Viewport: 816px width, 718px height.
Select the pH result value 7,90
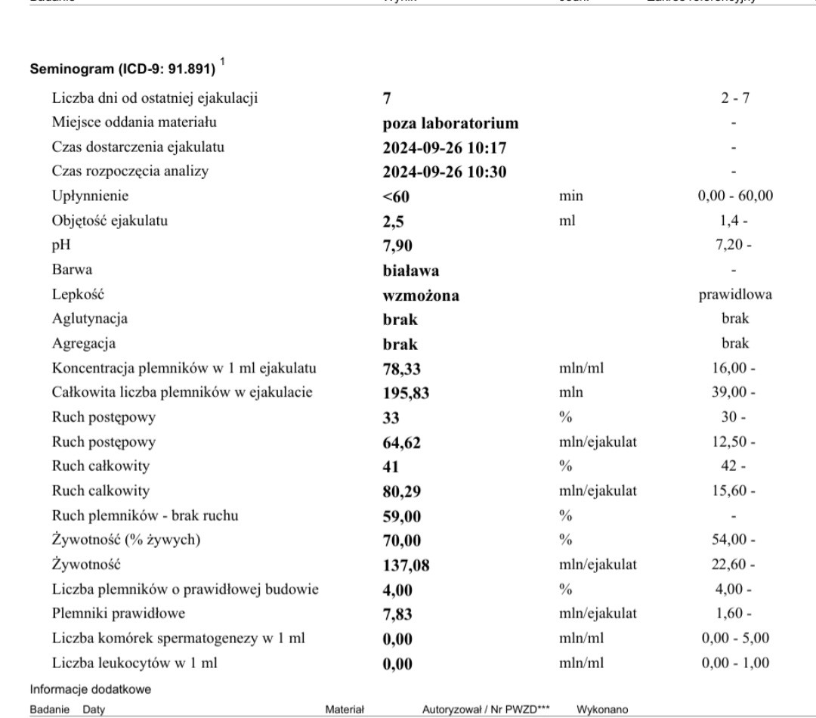coord(399,246)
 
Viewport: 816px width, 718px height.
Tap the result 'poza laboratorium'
coord(450,123)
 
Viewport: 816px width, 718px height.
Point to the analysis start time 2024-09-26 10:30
coord(444,172)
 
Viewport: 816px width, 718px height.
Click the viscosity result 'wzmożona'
coord(421,296)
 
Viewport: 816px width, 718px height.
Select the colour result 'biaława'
coord(411,271)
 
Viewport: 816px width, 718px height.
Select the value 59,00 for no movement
coord(402,517)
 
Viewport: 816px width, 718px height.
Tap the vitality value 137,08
coord(406,565)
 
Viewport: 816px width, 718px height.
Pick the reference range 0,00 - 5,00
coord(736,638)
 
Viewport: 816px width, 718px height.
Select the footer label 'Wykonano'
coord(602,710)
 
